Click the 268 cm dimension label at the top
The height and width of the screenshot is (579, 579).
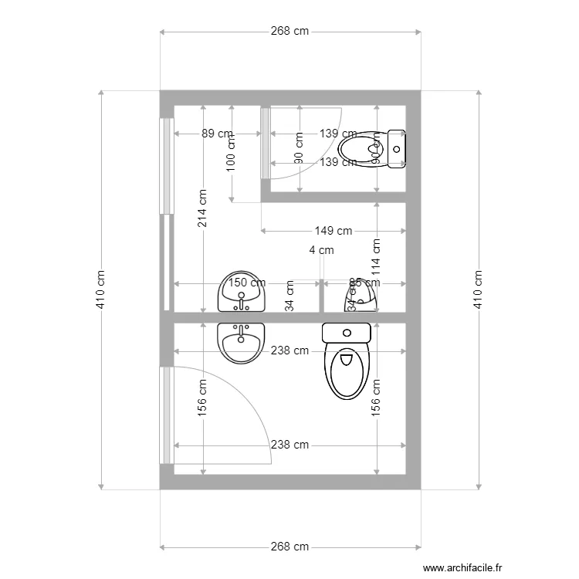tap(289, 32)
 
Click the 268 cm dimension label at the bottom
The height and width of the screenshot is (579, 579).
tap(289, 547)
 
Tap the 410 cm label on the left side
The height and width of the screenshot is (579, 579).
tap(101, 289)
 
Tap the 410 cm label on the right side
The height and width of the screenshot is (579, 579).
tap(478, 289)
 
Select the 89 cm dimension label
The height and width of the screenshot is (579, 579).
tap(217, 134)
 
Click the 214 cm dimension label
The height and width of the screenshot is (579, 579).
tap(202, 208)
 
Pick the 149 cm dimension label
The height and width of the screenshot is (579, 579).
tap(333, 231)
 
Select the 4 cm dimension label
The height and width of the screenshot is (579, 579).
tap(321, 250)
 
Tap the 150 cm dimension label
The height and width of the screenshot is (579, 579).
tap(245, 284)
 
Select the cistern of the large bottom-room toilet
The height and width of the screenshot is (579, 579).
tap(347, 333)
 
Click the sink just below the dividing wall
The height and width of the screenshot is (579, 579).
tap(242, 341)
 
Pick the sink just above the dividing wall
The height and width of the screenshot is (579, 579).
tap(242, 292)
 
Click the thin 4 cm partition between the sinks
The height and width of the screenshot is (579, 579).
tap(321, 296)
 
